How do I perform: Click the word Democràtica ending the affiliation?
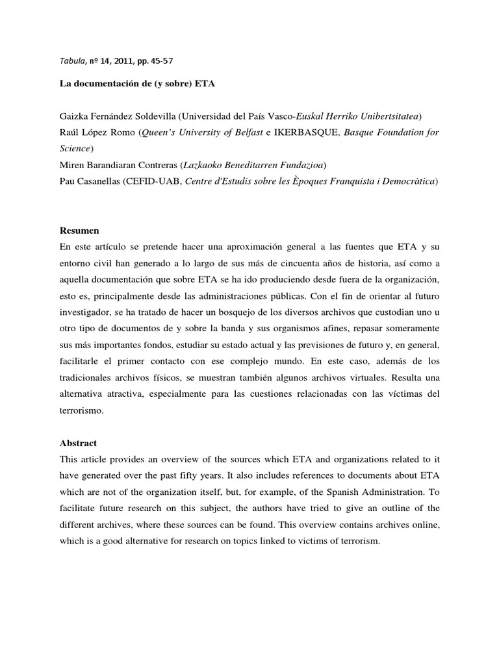pyautogui.click(x=410, y=182)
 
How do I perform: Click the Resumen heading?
pyautogui.click(x=79, y=231)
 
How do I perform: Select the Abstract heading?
pyautogui.click(x=78, y=443)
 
